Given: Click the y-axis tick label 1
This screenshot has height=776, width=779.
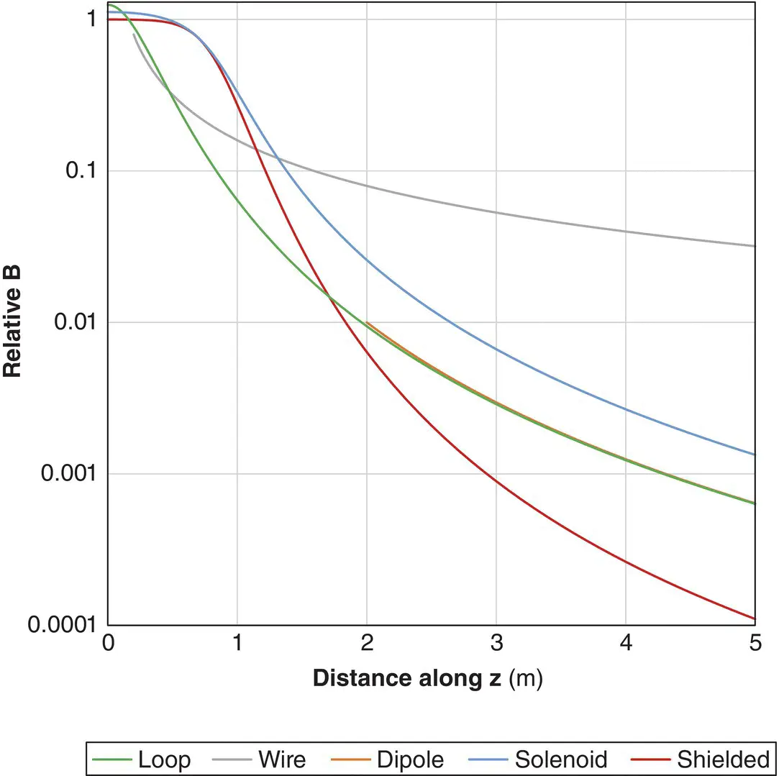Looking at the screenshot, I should pyautogui.click(x=91, y=19).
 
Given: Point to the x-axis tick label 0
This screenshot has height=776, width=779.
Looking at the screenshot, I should pyautogui.click(x=108, y=643).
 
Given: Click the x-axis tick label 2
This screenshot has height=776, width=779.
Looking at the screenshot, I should pyautogui.click(x=367, y=643).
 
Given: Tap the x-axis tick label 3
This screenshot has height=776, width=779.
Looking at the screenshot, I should pyautogui.click(x=496, y=643).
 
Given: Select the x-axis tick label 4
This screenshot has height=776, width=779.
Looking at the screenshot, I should pyautogui.click(x=626, y=643).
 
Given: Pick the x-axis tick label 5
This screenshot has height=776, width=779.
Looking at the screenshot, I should pyautogui.click(x=755, y=643).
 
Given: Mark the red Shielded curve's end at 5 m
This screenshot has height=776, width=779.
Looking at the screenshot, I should pyautogui.click(x=755, y=618).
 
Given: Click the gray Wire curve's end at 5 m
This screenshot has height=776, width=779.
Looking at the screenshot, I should pyautogui.click(x=755, y=246).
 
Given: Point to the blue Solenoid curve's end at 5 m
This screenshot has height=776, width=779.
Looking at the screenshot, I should pyautogui.click(x=755, y=455).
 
